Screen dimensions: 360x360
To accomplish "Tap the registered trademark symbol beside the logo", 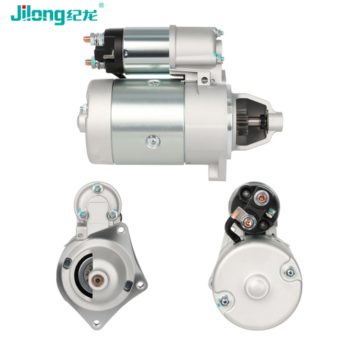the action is tap(101, 5).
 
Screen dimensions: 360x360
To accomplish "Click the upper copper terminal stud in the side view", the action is tap(88, 38).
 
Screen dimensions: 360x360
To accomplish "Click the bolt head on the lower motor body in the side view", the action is tap(153, 141).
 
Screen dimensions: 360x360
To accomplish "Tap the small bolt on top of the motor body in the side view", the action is tap(153, 82).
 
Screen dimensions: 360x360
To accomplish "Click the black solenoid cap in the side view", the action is tap(112, 51).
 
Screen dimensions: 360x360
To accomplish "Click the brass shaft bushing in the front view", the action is tap(97, 280).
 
